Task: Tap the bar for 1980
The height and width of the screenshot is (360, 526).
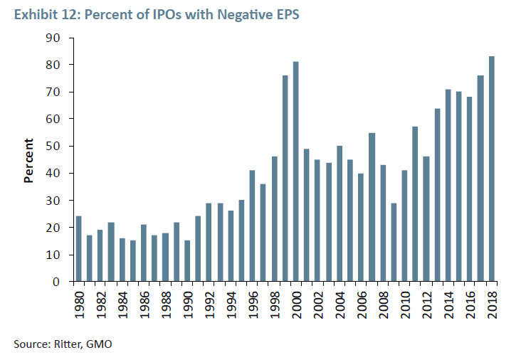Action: pyautogui.click(x=78, y=249)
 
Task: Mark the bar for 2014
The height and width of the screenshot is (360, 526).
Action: pyautogui.click(x=448, y=186)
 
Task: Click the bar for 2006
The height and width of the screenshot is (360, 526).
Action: pyautogui.click(x=361, y=228)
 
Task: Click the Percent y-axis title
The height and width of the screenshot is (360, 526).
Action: pyautogui.click(x=29, y=159)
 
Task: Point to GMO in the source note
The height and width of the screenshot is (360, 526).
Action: pyautogui.click(x=100, y=344)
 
